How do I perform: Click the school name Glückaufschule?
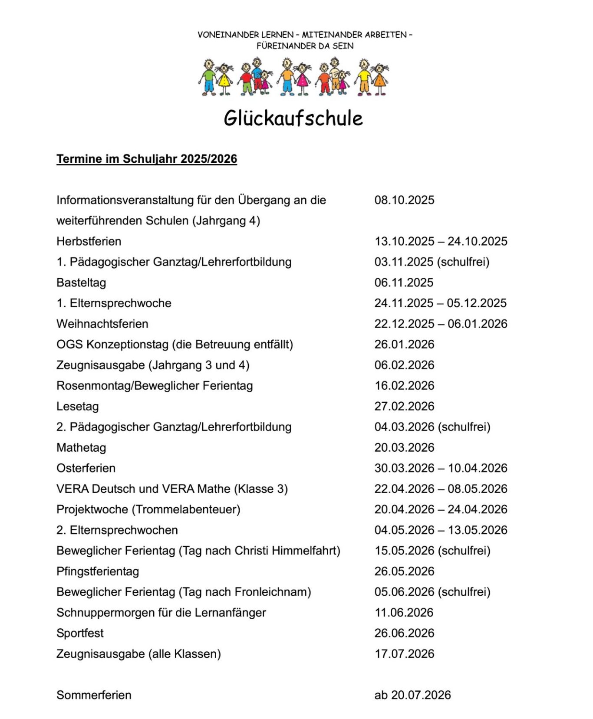(x=293, y=118)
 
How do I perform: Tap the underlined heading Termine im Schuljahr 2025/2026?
(x=147, y=159)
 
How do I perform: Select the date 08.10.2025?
(x=404, y=200)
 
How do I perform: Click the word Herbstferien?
(x=89, y=241)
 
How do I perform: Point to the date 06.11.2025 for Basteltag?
(x=404, y=282)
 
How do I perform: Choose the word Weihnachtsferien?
(x=102, y=324)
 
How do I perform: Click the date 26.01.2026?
(x=404, y=345)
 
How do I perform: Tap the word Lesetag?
(x=78, y=407)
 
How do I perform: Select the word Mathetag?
(x=81, y=448)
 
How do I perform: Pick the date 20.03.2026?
(x=404, y=448)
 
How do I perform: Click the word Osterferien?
(x=86, y=468)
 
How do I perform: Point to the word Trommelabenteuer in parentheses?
(x=186, y=509)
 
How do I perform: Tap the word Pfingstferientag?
(x=98, y=571)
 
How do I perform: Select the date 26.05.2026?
(x=404, y=571)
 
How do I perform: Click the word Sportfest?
(x=80, y=634)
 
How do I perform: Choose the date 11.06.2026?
(x=404, y=613)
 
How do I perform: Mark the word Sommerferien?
(x=94, y=695)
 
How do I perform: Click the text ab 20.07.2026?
(x=412, y=695)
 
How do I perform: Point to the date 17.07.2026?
(x=404, y=654)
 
